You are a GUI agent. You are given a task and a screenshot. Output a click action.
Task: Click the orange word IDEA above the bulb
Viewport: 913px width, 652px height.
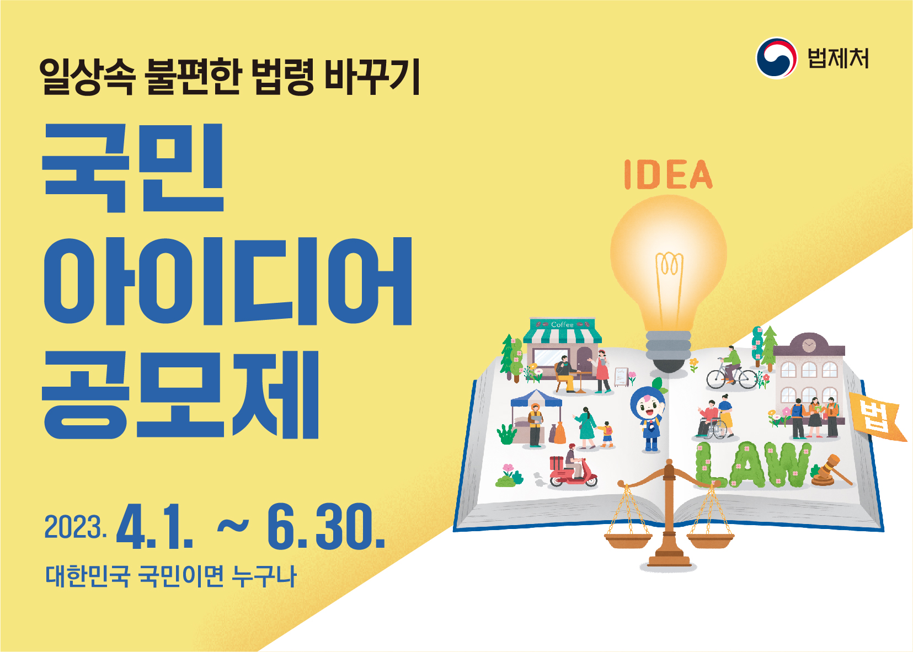coord(669,174)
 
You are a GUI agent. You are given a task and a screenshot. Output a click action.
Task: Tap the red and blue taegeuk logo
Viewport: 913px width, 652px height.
coord(776,58)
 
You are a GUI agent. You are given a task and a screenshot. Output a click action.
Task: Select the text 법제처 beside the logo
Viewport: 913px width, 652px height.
coord(839,58)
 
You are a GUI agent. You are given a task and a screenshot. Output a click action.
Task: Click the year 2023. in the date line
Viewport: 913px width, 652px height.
coord(76,527)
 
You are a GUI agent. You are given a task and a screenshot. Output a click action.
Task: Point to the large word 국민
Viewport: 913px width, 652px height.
coord(134,168)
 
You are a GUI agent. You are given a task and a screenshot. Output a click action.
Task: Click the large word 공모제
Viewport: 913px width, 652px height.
coord(180,394)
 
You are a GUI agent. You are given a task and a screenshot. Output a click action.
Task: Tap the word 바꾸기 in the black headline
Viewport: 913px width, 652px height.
coord(372,77)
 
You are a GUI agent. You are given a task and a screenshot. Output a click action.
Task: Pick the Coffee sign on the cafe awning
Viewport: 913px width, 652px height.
coord(562,325)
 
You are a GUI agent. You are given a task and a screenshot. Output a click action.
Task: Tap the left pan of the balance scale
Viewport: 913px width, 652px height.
coord(628,541)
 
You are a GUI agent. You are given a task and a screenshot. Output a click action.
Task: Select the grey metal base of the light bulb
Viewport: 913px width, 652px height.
coord(669,345)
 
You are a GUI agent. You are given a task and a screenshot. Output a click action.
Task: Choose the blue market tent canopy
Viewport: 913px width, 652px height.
coord(536,398)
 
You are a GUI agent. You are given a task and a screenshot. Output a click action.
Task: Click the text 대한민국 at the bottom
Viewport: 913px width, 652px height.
coord(88,576)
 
